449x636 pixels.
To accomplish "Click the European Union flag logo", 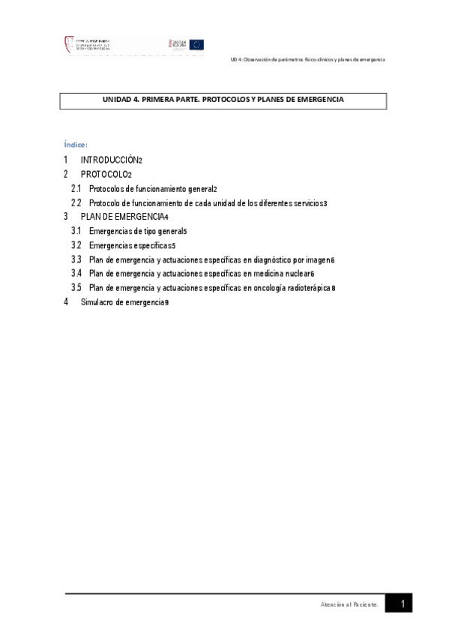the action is coord(196,45).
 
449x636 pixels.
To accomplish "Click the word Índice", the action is coord(75,144).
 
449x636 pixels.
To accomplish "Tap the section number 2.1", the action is coord(76,189).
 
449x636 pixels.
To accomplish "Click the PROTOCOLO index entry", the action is coord(104,175).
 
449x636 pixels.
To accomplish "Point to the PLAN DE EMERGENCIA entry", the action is coord(123,217).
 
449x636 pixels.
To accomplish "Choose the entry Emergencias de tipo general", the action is coord(136,231).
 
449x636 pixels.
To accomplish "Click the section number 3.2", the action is coord(76,245).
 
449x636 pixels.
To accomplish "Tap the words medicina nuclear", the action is coord(281,274).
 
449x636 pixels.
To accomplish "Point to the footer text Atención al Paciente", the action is coord(349,604).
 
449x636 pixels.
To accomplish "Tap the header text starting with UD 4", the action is coord(307,59).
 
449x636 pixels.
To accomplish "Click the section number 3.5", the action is coord(76,288).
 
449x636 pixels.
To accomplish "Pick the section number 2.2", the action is coord(76,203).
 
